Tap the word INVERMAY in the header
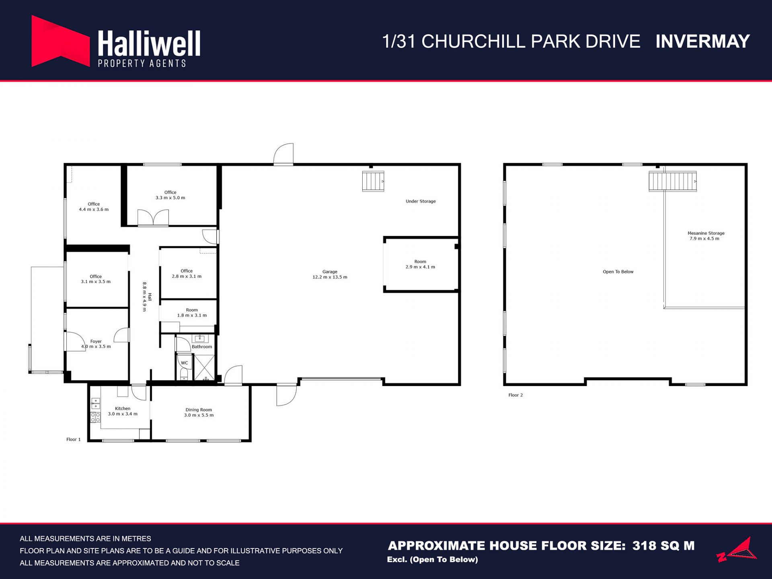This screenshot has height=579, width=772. [x=702, y=41]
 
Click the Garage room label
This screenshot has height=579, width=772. [x=330, y=272]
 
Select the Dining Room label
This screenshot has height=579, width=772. [x=199, y=410]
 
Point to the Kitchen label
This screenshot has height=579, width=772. [x=123, y=409]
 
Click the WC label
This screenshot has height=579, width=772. [x=185, y=363]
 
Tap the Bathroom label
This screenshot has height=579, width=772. [x=202, y=347]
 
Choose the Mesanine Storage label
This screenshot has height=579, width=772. [x=706, y=233]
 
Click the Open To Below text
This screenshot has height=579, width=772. [x=618, y=272]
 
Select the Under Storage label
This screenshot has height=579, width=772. [x=421, y=201]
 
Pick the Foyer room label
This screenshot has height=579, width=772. [x=96, y=341]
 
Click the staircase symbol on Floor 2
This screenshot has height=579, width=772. [x=673, y=181]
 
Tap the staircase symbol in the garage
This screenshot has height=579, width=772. [x=373, y=181]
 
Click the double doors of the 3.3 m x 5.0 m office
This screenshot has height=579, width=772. [x=153, y=218]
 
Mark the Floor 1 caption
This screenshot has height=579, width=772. [x=74, y=439]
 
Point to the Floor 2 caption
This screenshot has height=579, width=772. [x=515, y=395]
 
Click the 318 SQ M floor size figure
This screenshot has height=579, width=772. [x=663, y=546]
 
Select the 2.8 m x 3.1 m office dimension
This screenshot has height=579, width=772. [x=187, y=277]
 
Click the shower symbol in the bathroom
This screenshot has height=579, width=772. [x=205, y=368]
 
